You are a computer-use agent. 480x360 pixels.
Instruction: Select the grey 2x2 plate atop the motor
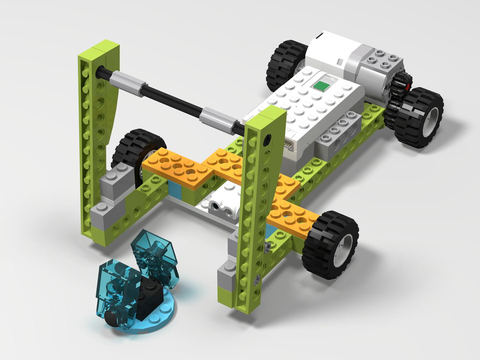tap(380, 59)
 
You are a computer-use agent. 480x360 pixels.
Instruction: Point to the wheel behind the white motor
tap(286, 63)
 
